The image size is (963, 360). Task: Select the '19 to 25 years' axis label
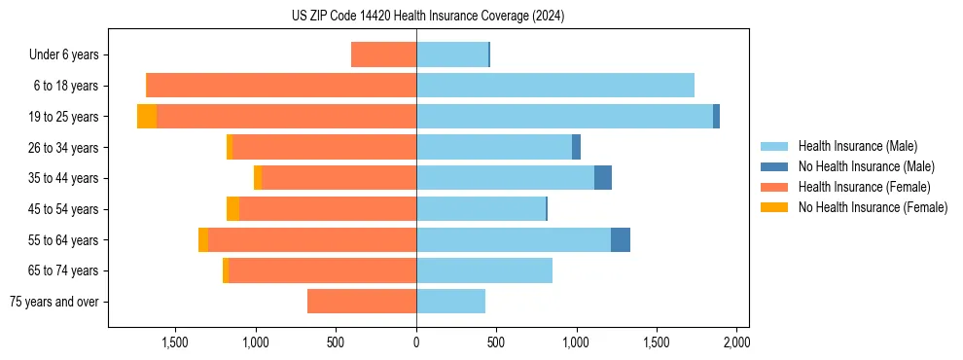pos(64,117)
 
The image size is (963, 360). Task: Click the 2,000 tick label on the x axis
pos(736,342)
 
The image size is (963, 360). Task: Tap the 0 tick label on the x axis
pos(416,342)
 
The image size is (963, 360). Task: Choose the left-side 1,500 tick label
pos(175,342)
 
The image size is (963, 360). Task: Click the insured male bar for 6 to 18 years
pos(554,86)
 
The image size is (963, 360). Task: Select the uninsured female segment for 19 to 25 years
pos(147,117)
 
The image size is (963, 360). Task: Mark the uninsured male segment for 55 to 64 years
pos(621,240)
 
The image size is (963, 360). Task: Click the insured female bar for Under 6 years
pos(383,55)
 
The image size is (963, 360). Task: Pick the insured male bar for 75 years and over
pos(450,302)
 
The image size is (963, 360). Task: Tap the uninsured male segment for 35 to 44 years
pos(603,178)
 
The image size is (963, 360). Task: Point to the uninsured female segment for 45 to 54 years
pos(232,209)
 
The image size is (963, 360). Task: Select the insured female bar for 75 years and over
pos(362,302)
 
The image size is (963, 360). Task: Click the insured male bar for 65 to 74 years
pos(484,270)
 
